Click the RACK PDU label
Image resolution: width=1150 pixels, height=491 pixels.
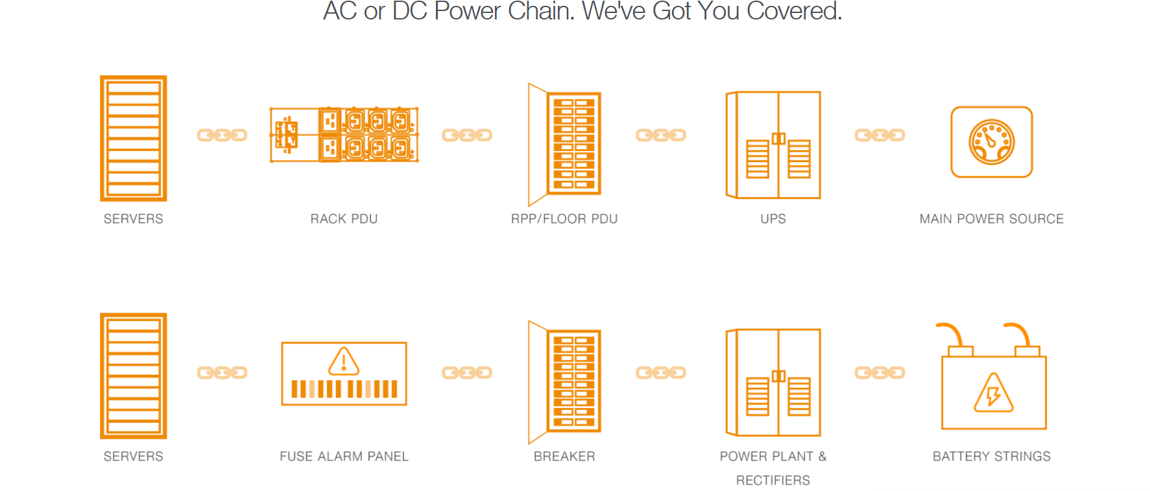click(x=344, y=219)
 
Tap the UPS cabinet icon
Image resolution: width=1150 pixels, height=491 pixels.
click(x=773, y=145)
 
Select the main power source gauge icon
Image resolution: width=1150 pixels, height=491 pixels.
click(x=991, y=142)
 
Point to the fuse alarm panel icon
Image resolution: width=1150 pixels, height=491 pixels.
click(x=344, y=374)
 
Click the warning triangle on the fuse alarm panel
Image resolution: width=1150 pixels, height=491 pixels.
click(x=344, y=362)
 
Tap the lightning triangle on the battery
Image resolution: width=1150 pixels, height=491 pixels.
click(x=993, y=394)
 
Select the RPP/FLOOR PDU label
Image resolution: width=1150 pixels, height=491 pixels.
click(x=564, y=219)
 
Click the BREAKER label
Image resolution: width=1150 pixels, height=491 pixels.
click(x=564, y=457)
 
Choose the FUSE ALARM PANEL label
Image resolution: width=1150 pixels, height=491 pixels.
click(x=344, y=457)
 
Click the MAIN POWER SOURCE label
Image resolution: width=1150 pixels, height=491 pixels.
click(x=991, y=219)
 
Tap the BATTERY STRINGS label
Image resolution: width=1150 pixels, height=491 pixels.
click(x=991, y=457)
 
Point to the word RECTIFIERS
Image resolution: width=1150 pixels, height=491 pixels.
click(x=773, y=481)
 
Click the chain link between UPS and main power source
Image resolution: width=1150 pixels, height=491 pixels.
click(x=879, y=135)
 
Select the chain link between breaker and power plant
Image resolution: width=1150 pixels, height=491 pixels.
click(x=660, y=372)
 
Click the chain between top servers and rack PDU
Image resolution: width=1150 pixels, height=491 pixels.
click(x=222, y=135)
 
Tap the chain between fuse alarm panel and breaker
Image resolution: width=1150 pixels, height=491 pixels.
click(x=466, y=372)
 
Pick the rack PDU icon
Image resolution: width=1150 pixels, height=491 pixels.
click(x=344, y=135)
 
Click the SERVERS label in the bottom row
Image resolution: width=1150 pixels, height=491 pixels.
click(x=133, y=457)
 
